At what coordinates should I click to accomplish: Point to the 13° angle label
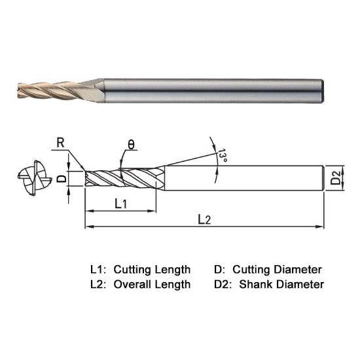tap(223, 156)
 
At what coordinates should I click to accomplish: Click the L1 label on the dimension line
tap(122, 204)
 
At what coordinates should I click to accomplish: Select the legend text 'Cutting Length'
tap(152, 270)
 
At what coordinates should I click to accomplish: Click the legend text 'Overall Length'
tap(152, 285)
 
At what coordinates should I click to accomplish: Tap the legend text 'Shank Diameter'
tap(282, 285)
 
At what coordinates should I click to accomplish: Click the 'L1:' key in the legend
tap(99, 270)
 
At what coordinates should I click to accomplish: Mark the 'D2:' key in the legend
tap(223, 285)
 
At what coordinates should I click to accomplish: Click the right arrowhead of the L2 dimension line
tap(321, 227)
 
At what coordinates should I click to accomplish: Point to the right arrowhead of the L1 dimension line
tap(156, 211)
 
